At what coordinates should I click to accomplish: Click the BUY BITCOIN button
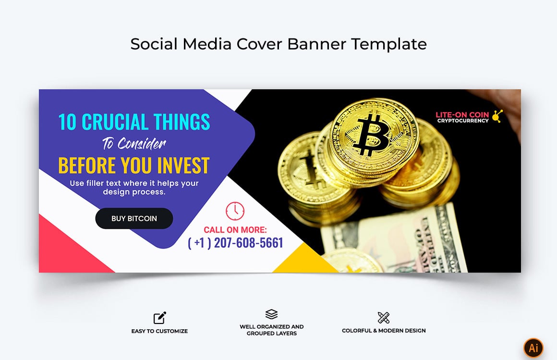pos(134,218)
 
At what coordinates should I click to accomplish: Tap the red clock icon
pos(235,211)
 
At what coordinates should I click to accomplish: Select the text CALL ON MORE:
pos(235,230)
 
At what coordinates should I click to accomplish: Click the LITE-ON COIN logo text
pos(462,115)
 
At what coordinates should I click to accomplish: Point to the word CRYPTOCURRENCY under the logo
pos(462,121)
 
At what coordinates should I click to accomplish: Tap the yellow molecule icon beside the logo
pos(497,116)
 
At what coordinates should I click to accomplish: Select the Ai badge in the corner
pos(533,348)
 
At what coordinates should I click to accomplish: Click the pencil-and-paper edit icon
pos(159,318)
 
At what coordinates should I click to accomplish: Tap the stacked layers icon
pos(271,314)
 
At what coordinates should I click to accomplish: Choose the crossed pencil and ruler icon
pos(383,317)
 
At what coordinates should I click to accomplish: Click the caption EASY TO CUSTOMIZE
pos(159,331)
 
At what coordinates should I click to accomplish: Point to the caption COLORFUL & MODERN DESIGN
pos(384,331)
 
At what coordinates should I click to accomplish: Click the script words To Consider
pos(134,144)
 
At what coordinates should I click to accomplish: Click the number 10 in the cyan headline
pos(67,122)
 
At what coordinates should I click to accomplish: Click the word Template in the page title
pos(388,44)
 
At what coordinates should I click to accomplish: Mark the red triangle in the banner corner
pos(62,252)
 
